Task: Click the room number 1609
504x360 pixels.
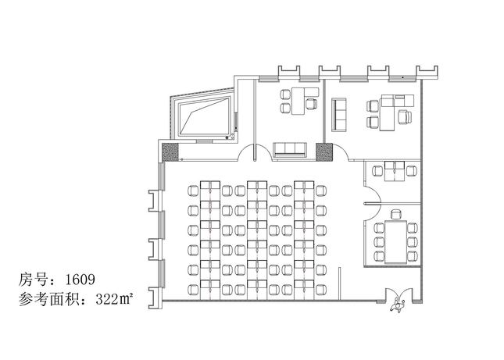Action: [80, 280]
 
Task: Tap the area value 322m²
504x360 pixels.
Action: [114, 299]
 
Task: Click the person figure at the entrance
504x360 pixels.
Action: [397, 306]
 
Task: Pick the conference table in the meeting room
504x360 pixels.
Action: [395, 242]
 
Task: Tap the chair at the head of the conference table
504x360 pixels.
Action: [396, 214]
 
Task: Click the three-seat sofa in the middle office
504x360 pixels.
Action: [290, 150]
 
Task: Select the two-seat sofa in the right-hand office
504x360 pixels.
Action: [339, 114]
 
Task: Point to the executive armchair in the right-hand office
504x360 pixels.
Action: [405, 116]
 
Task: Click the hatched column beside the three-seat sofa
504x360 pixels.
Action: [324, 152]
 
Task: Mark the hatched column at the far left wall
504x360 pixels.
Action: [170, 152]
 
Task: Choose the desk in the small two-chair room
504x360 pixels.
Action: [395, 171]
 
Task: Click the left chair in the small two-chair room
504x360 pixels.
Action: [378, 170]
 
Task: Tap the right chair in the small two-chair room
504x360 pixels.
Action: [412, 170]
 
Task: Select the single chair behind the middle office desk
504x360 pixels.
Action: [311, 104]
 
